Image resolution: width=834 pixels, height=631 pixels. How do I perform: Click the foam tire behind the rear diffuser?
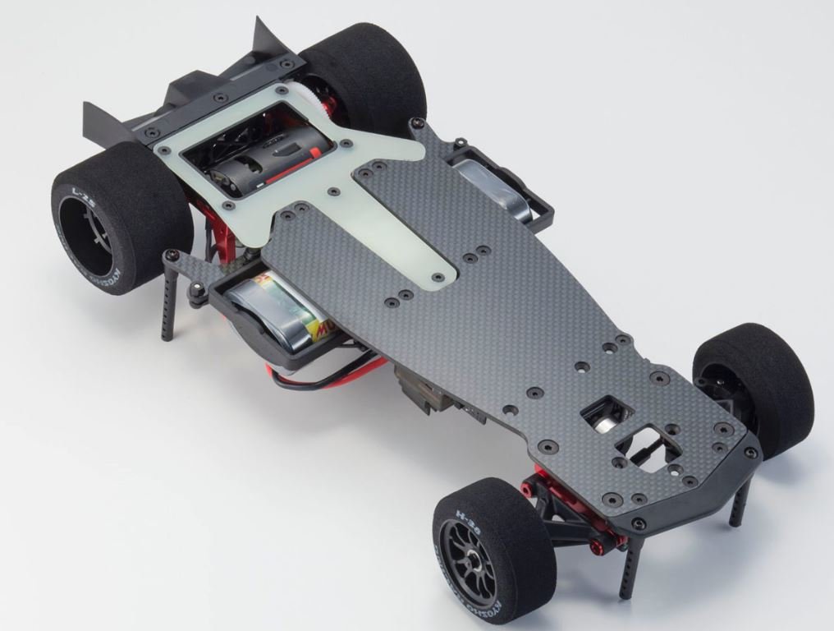click(x=369, y=70)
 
